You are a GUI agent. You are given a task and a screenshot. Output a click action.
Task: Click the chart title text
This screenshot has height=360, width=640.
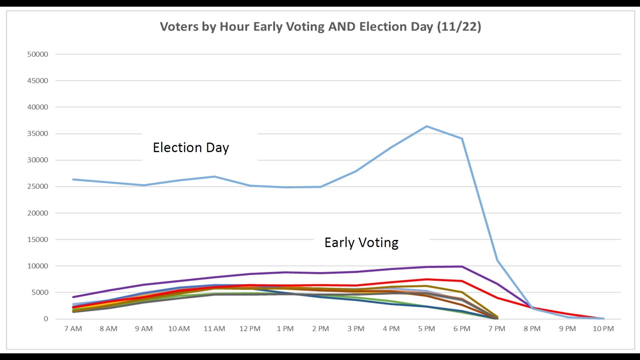320,27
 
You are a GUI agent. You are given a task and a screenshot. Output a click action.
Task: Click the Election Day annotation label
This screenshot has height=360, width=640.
191,148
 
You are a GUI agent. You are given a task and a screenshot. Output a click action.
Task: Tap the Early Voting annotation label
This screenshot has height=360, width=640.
361,243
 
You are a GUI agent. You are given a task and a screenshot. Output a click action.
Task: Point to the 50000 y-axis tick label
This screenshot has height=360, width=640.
38,54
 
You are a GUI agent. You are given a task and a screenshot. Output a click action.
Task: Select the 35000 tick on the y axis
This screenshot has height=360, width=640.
38,134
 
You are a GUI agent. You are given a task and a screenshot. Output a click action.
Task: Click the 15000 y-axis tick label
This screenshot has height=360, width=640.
38,240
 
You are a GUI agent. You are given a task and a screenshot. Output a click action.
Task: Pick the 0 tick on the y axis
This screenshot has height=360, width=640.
46,319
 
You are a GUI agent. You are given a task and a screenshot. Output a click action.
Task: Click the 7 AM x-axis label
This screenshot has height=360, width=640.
73,329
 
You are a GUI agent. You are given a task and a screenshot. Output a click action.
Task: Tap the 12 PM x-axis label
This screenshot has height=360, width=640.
250,329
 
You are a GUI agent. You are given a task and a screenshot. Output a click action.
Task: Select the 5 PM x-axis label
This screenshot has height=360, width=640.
426,329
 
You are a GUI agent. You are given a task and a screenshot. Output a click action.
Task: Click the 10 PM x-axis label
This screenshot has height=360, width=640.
603,329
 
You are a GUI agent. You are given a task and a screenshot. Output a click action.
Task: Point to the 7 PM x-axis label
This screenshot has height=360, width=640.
497,329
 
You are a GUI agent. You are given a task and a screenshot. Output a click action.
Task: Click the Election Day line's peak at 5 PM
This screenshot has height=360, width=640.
427,126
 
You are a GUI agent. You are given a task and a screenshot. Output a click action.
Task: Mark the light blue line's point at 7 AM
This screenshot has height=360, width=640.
73,179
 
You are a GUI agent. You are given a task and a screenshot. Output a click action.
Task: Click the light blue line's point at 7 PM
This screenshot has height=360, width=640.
497,260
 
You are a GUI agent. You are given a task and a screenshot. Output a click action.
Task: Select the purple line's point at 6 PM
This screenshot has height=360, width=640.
462,266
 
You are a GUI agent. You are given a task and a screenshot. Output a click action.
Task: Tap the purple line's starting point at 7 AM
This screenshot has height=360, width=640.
73,297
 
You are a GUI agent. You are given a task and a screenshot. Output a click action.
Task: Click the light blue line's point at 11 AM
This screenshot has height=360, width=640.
215,177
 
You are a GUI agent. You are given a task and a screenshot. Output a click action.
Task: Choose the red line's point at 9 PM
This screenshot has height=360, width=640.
568,314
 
